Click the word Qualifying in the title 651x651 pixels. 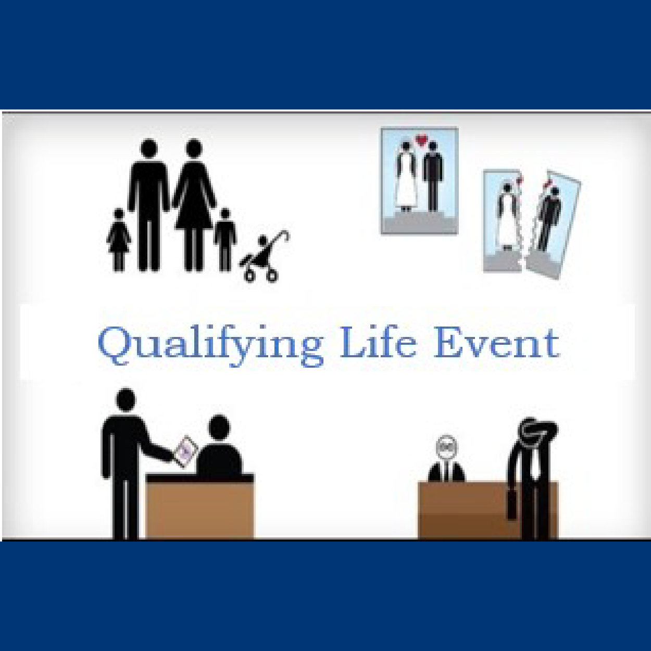[210, 346]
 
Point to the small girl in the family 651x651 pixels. [119, 240]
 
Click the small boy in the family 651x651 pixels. [224, 240]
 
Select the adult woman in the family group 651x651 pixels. [194, 205]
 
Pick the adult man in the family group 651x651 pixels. [148, 205]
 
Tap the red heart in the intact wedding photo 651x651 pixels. [421, 139]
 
